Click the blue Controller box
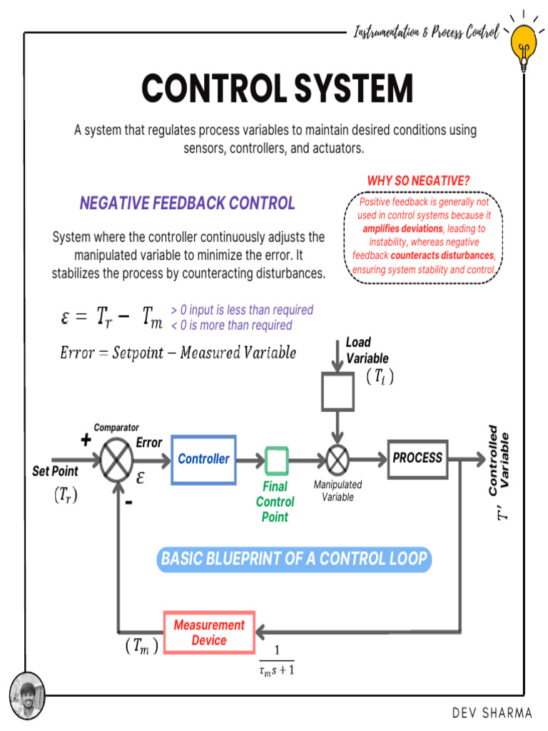pos(203,459)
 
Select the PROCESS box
pos(417,458)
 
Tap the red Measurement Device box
pos(209,632)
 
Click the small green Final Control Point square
pos(276,460)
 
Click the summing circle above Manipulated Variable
pos(338,460)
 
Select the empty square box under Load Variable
pos(338,393)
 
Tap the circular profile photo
pos(27,695)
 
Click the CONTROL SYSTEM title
pos(277,89)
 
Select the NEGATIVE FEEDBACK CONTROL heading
pos(187,203)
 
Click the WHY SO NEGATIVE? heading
pos(418,181)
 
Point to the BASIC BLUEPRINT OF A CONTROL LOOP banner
pos(294,558)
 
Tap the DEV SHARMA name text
pos(492,712)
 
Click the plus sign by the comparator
pos(86,440)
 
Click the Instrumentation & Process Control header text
pos(426,32)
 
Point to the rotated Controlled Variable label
pos(499,460)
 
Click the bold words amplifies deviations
pos(402,229)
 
